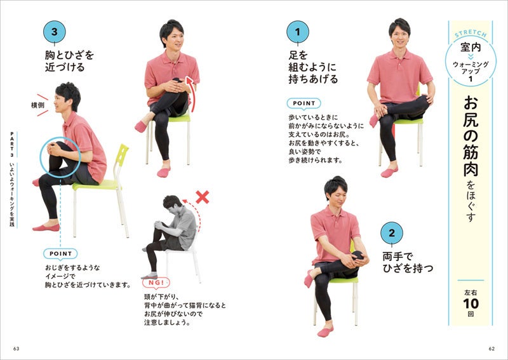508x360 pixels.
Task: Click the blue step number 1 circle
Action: coord(298,32)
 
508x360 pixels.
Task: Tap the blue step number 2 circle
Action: coord(392,233)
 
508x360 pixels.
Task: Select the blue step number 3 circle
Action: coord(55,32)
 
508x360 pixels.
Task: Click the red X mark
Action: coord(203,197)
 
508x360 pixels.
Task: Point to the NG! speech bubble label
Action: coord(156,283)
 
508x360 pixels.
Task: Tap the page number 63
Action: coord(17,349)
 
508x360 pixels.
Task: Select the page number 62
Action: coord(491,349)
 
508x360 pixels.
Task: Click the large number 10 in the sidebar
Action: coord(471,303)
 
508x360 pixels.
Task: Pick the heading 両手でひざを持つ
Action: coord(408,262)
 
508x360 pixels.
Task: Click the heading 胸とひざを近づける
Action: coord(69,61)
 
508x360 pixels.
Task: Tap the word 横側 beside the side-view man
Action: coord(37,105)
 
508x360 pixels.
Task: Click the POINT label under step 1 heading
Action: coord(304,103)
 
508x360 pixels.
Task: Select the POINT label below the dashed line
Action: coord(60,254)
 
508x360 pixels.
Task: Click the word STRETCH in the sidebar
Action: coord(471,34)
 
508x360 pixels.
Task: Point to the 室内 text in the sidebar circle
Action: coord(471,48)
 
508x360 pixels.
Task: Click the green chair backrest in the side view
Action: coord(121,155)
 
